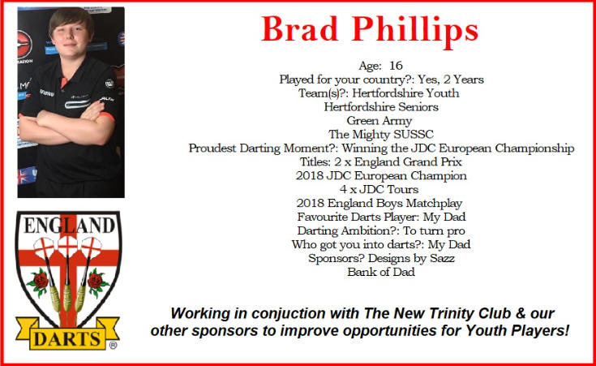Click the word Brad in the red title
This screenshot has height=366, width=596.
click(299, 29)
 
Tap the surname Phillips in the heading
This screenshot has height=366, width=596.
click(415, 32)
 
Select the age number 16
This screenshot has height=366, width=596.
click(396, 66)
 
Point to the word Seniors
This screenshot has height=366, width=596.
click(418, 107)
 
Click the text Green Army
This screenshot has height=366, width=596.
click(379, 121)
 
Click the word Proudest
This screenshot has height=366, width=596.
click(212, 148)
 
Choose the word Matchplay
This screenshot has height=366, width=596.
click(434, 204)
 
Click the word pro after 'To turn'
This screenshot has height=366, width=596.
click(456, 231)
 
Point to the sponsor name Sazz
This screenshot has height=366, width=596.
click(442, 258)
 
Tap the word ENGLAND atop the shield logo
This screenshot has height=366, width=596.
click(69, 226)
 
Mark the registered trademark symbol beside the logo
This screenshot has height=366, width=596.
click(113, 346)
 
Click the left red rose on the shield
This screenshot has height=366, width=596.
click(40, 282)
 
